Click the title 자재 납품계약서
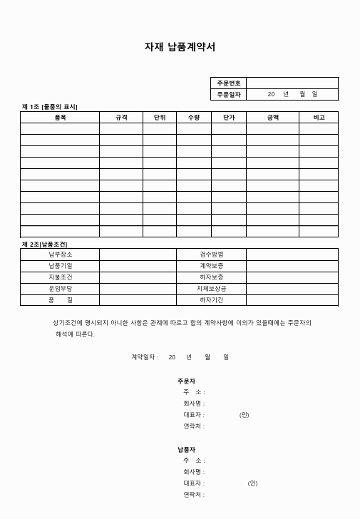coord(180,48)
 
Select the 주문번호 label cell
coord(228,83)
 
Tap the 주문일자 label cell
coord(228,94)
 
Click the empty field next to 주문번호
coord(292,83)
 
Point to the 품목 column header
coord(60,117)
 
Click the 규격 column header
coord(121,117)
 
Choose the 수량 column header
coord(194,117)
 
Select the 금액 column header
coord(273,117)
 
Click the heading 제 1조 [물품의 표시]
coord(50,106)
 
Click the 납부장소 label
coord(60,255)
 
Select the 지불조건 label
coord(60,277)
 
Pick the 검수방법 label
coord(212,255)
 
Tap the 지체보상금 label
coord(212,289)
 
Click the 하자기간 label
coord(212,300)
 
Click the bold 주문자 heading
coord(187,381)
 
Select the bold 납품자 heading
coord(187,449)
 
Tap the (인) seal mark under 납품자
coord(252,483)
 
